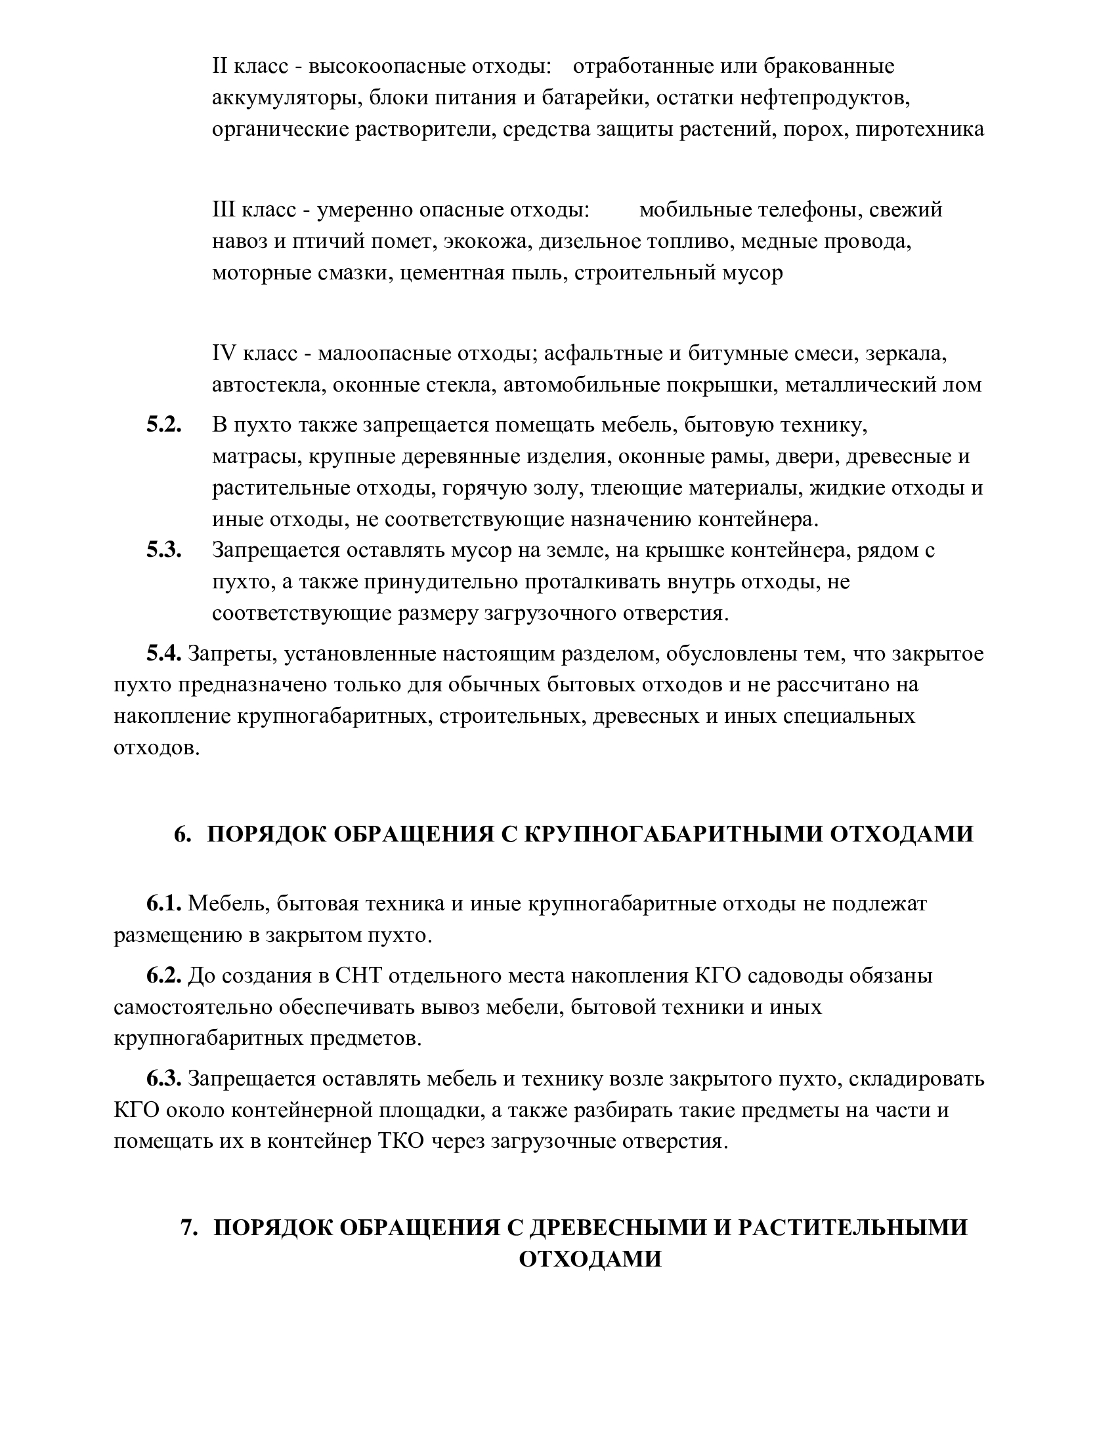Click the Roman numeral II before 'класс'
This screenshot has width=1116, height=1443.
[220, 67]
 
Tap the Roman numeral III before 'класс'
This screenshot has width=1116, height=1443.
[223, 210]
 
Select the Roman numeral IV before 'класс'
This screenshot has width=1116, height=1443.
[224, 354]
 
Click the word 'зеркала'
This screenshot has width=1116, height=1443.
[907, 354]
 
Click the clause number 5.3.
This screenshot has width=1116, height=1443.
[164, 550]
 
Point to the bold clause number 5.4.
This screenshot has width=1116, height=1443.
[164, 654]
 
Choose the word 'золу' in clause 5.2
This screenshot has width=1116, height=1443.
[552, 488]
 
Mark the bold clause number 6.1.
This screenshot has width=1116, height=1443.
[164, 904]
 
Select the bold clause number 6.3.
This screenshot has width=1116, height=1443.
[164, 1078]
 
